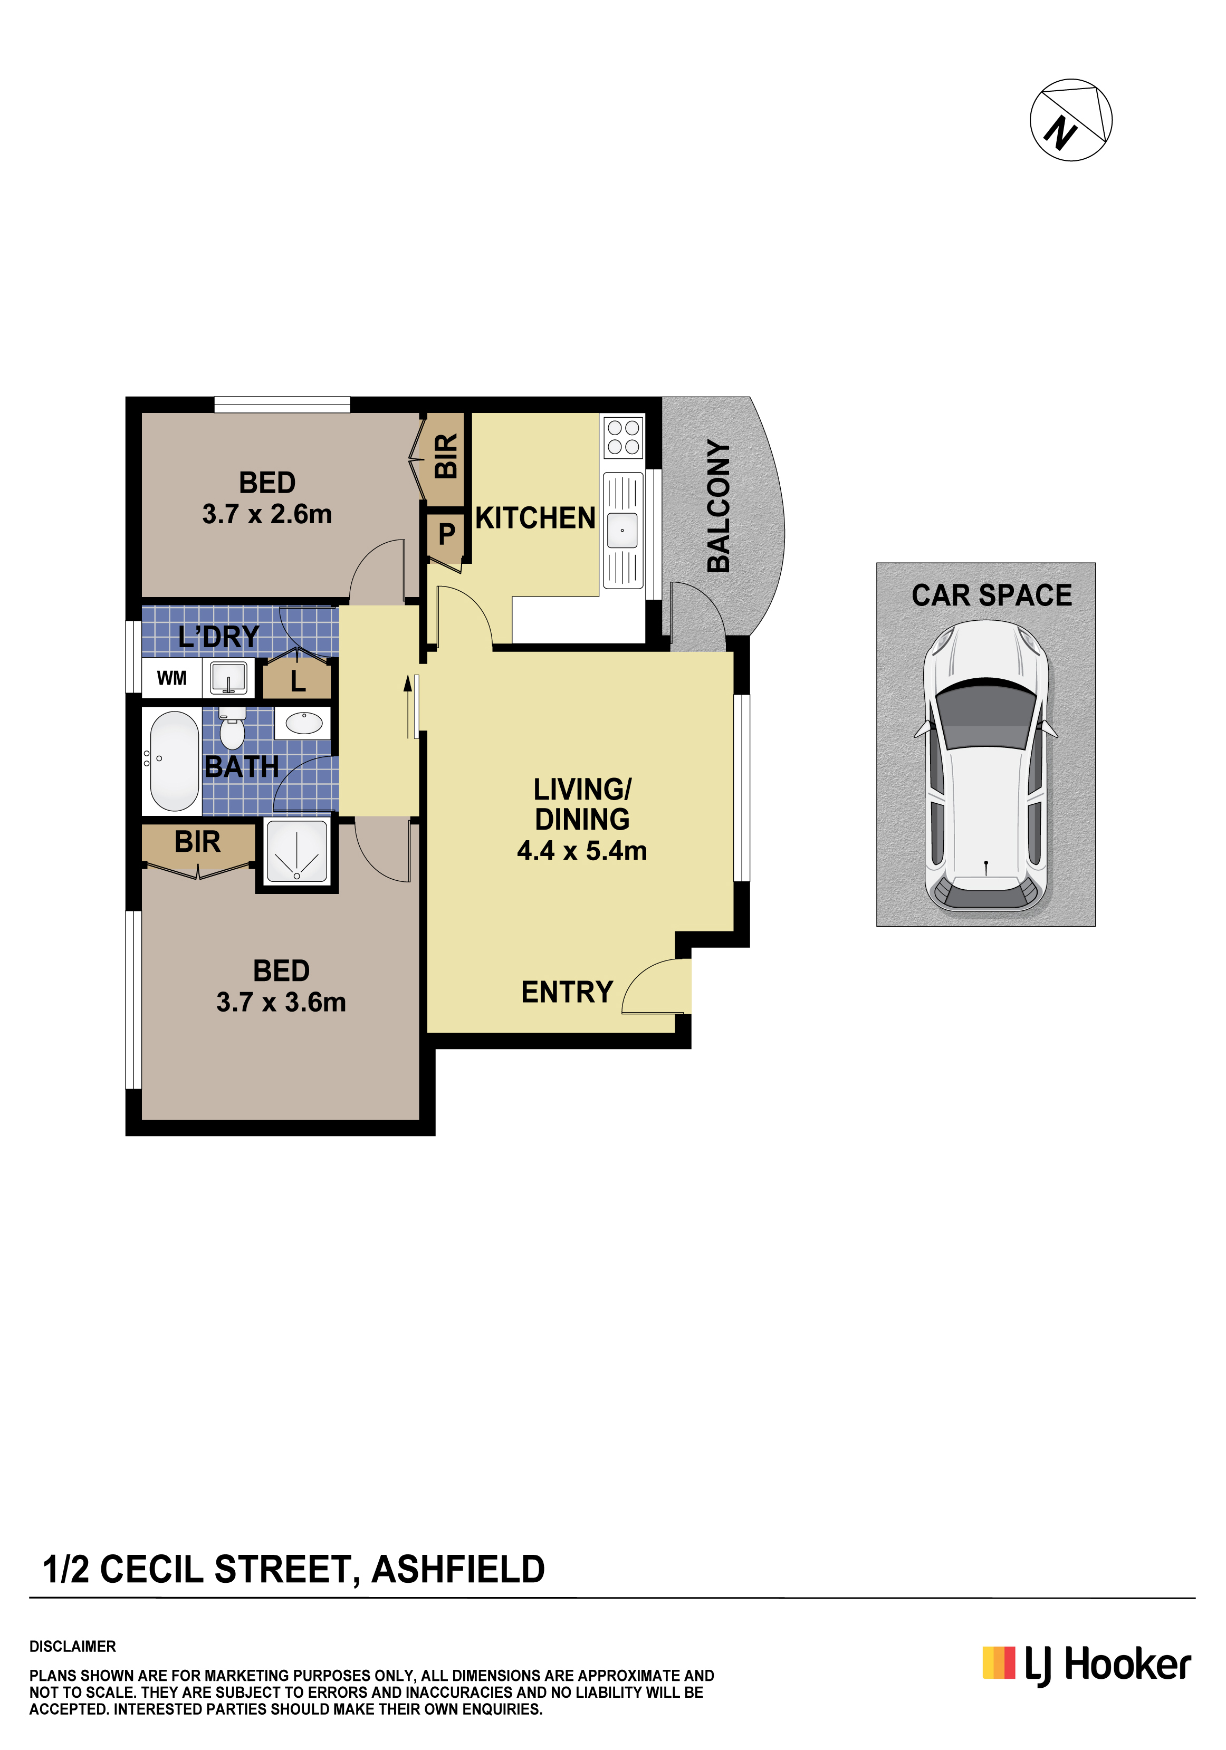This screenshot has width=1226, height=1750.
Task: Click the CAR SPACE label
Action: point(991,595)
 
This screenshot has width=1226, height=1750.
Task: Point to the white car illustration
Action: point(986,765)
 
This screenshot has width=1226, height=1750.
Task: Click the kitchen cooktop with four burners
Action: point(623,437)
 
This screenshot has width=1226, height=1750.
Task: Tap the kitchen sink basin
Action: point(622,530)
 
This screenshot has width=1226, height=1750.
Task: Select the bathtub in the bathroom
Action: point(175,761)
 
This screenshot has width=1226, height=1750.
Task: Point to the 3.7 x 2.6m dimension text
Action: point(267,514)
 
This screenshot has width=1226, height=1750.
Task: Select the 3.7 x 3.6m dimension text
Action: point(281,1002)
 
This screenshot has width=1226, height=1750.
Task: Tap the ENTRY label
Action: point(567,992)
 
